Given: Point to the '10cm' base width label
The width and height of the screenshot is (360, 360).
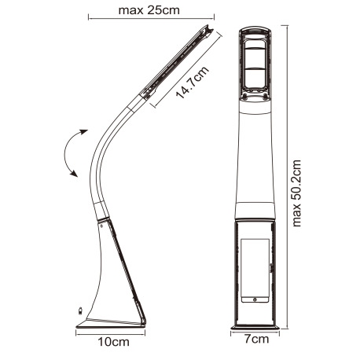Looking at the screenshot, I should point(114,342).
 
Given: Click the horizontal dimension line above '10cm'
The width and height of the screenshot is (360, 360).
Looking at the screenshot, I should point(114,332).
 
